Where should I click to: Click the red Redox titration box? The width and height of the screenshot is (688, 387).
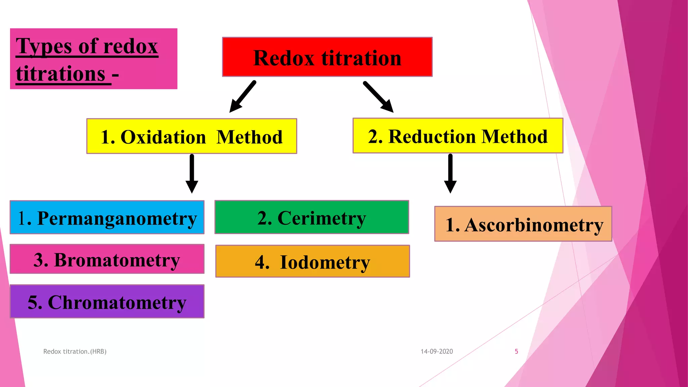pyautogui.click(x=327, y=57)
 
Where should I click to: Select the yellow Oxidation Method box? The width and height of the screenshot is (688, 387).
pyautogui.click(x=191, y=136)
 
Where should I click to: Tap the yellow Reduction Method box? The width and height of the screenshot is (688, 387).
pyautogui.click(x=458, y=136)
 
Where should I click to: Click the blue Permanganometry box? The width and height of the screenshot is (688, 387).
pyautogui.click(x=107, y=217)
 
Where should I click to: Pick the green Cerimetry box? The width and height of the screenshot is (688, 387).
pyautogui.click(x=311, y=217)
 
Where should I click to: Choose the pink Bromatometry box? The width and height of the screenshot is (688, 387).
pyautogui.click(x=107, y=259)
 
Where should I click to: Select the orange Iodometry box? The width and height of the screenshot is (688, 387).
pyautogui.click(x=312, y=261)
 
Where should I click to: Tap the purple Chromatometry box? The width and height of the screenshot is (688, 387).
pyautogui.click(x=107, y=301)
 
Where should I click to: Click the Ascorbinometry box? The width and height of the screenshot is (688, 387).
pyautogui.click(x=523, y=224)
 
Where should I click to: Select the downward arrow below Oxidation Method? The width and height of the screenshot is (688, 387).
pyautogui.click(x=192, y=173)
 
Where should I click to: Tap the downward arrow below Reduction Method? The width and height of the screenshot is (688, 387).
pyautogui.click(x=450, y=173)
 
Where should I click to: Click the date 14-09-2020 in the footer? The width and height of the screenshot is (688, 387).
pyautogui.click(x=437, y=351)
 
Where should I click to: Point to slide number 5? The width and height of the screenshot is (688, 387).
pyautogui.click(x=516, y=351)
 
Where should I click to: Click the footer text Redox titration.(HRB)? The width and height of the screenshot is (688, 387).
pyautogui.click(x=75, y=351)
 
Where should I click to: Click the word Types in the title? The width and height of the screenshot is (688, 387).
pyautogui.click(x=44, y=46)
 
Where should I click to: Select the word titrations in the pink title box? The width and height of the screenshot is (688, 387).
pyautogui.click(x=61, y=74)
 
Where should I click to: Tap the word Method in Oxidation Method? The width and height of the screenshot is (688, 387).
pyautogui.click(x=249, y=137)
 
